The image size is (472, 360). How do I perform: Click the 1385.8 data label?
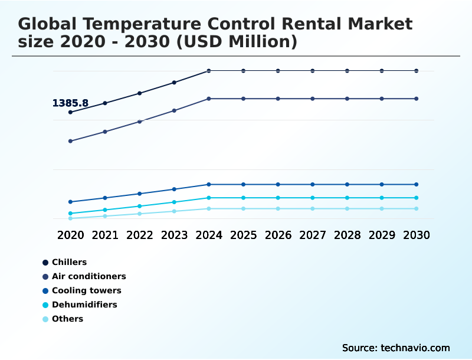point(70,103)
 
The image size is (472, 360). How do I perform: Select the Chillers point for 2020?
point(70,112)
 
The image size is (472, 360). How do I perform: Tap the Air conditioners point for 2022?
point(140,122)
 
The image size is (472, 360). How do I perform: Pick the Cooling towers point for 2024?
point(209,185)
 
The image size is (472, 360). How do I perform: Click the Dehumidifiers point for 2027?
point(313,198)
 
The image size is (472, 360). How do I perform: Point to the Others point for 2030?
point(417,209)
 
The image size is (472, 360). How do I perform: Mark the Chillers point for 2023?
point(174,83)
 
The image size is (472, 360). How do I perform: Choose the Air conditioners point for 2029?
point(382,99)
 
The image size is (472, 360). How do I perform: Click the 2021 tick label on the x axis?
point(105,235)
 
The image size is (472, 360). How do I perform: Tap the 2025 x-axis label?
point(243,235)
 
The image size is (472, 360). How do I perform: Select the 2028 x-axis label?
point(347,235)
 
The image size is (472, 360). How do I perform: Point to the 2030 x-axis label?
point(417,235)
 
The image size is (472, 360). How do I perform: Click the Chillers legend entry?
point(69,262)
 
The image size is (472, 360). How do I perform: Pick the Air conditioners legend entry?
point(88,276)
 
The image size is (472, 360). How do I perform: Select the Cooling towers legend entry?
point(86,290)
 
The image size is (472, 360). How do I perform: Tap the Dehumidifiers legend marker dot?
point(45,305)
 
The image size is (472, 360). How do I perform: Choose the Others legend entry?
point(67,319)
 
